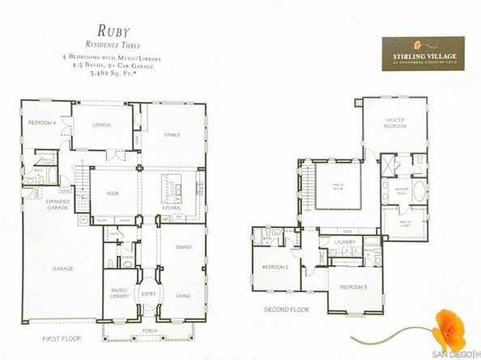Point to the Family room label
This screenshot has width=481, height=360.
pos(171,134)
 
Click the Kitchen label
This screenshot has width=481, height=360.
pos(171,208)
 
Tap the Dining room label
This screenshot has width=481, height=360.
pos(183,247)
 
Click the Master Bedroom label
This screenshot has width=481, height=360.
pos(394,123)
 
